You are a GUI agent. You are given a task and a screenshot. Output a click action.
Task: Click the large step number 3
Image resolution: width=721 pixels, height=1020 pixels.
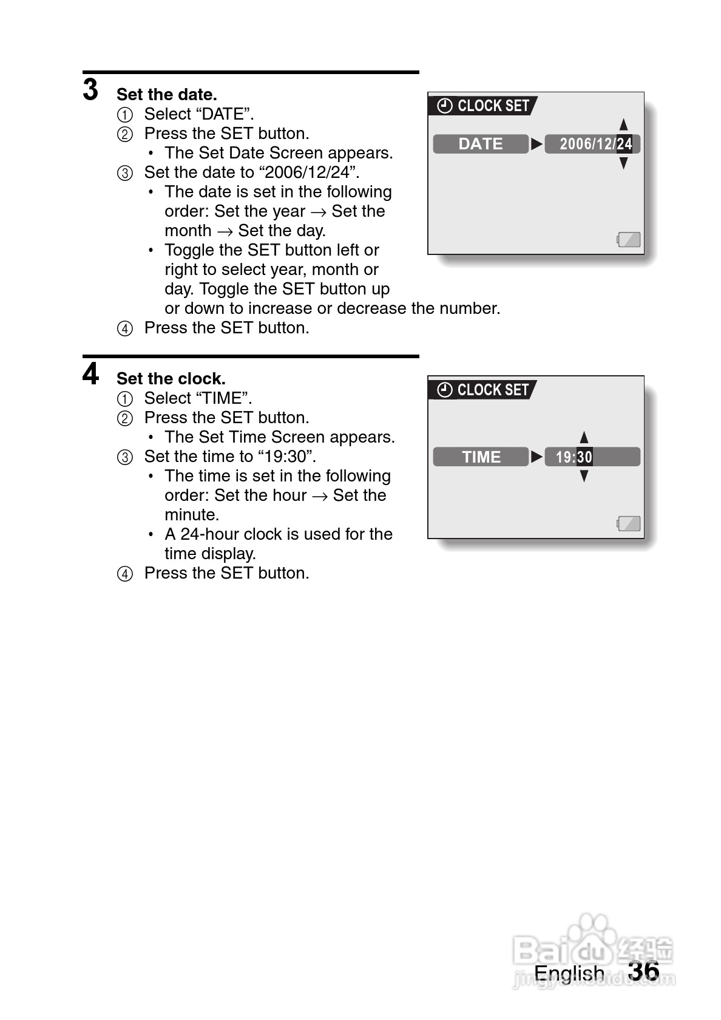(90, 90)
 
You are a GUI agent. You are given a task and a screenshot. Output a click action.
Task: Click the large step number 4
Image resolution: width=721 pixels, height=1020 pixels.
(90, 374)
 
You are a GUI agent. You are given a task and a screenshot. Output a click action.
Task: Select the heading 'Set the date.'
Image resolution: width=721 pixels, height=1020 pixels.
(166, 95)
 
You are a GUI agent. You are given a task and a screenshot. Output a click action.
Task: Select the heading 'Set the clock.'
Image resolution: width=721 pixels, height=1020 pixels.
(171, 379)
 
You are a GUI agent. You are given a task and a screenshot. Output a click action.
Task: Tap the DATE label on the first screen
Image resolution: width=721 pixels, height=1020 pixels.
(480, 144)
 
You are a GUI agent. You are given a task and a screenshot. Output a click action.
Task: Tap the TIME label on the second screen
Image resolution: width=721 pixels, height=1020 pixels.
(481, 457)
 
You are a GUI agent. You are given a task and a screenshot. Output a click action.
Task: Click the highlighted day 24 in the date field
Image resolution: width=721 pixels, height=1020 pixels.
(625, 144)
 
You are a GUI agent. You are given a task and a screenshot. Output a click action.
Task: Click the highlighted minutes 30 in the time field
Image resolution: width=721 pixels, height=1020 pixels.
(584, 457)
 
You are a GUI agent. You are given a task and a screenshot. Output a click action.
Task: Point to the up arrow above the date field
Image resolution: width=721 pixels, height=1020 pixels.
(623, 124)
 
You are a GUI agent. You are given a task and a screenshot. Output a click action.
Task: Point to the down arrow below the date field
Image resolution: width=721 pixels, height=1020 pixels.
(623, 163)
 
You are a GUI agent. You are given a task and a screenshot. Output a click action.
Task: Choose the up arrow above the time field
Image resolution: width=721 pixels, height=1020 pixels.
(584, 437)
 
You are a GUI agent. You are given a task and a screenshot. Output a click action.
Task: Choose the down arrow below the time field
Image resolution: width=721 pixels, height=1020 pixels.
(584, 477)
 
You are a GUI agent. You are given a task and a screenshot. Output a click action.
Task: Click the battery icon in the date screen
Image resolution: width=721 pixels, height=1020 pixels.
(629, 239)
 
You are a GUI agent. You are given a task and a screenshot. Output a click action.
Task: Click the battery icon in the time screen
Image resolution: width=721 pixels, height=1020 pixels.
(629, 523)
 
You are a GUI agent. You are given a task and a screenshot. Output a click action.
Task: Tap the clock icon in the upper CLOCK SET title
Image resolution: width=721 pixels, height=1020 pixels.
(445, 106)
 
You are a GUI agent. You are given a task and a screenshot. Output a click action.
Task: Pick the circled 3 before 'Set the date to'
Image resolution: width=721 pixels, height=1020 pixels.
(124, 173)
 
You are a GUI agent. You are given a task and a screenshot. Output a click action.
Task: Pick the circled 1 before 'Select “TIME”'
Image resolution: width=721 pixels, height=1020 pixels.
(124, 399)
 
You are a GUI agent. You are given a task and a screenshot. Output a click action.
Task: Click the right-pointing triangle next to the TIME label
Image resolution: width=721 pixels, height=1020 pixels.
(537, 457)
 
